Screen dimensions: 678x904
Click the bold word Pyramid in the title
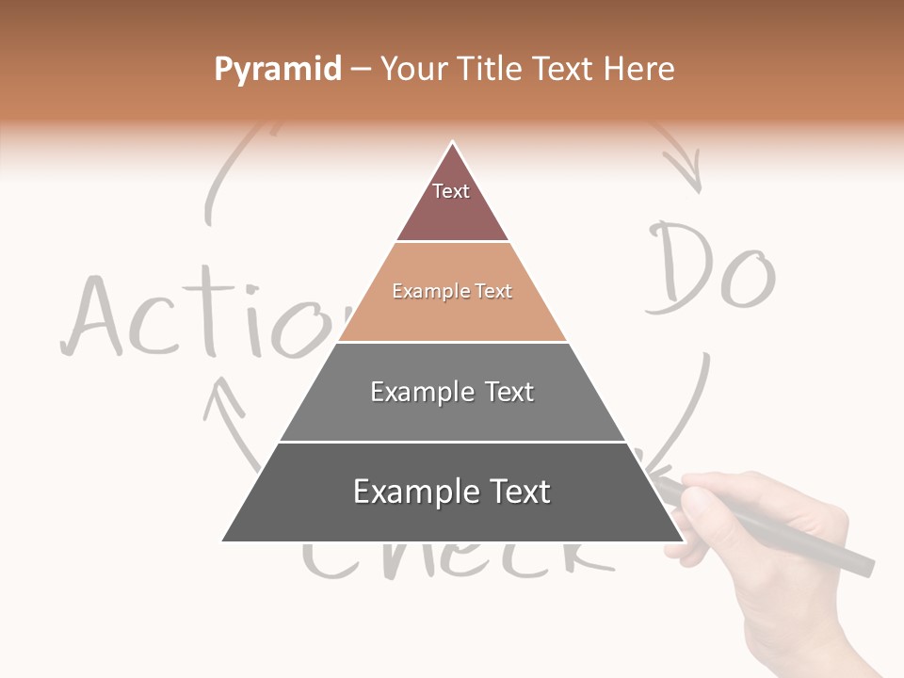point(277,70)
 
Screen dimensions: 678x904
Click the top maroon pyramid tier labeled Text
point(452,202)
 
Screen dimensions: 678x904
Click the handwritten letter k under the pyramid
point(584,556)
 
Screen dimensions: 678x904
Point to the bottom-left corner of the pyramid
point(224,541)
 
